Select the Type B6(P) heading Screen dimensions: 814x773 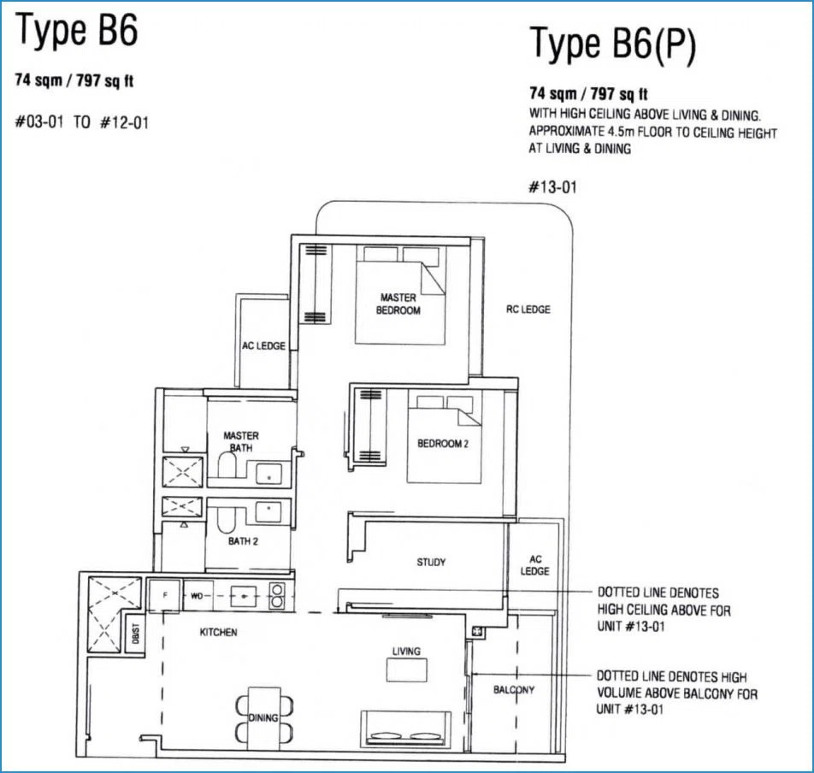pos(612,45)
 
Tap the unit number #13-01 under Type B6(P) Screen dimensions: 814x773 pos(552,187)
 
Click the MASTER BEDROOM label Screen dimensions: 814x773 pos(398,304)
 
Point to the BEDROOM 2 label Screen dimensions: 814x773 pos(443,444)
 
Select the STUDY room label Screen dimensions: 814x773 pos(431,563)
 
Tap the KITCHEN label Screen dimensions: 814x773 pos(219,632)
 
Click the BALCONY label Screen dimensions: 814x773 pos(514,690)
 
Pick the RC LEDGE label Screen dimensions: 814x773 pos(528,310)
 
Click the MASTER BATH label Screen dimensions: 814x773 pos(241,442)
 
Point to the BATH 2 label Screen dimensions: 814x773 pos(243,541)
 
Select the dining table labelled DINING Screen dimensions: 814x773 pos(264,718)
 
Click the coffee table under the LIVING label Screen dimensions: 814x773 pos(407,670)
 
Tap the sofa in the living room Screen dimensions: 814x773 pos(405,729)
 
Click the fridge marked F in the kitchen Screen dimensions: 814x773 pos(164,595)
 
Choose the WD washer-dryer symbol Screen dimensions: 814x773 pos(198,595)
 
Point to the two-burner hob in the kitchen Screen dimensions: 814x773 pos(277,595)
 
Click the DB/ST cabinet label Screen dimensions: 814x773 pos(135,633)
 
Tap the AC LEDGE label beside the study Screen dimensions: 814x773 pos(535,565)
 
